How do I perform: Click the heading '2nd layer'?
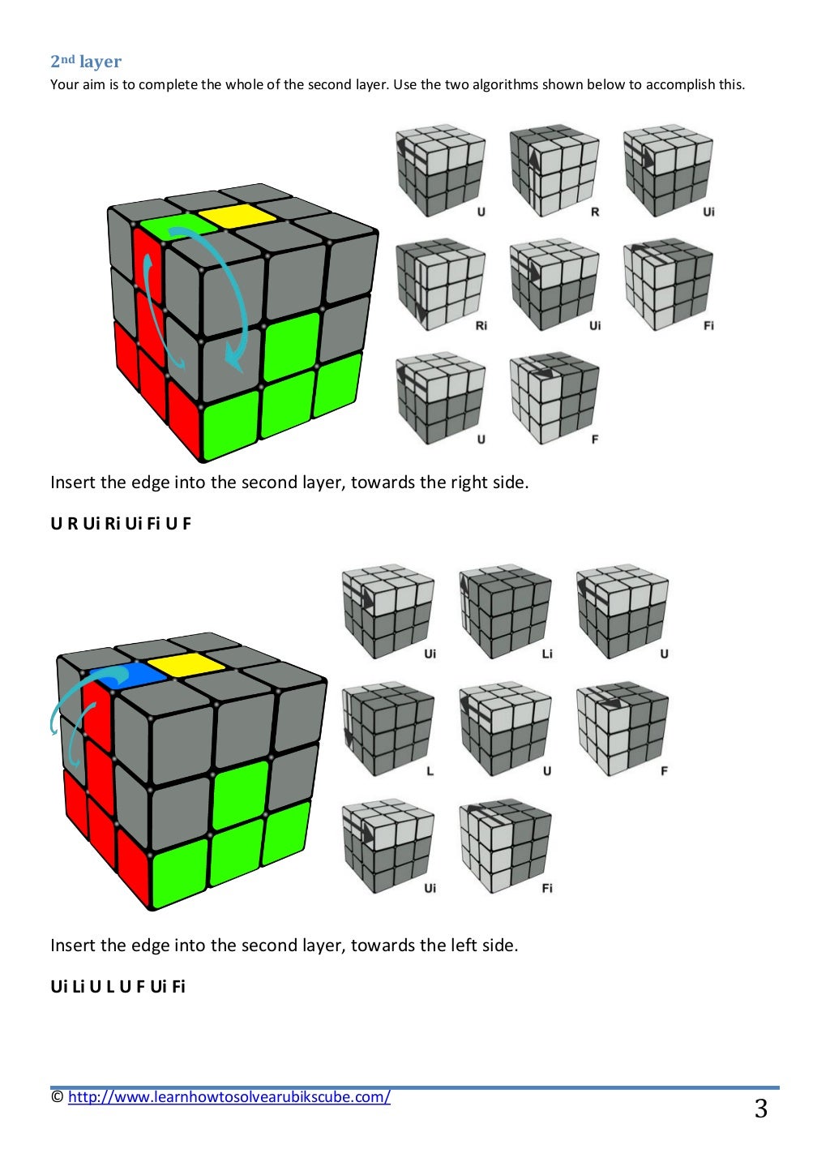pos(86,62)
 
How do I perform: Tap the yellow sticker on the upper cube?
pos(237,216)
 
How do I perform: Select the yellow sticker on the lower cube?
pos(186,664)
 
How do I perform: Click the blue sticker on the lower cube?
pos(128,675)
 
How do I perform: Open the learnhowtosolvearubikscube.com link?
pos(229,1096)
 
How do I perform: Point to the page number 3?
pos(761,1109)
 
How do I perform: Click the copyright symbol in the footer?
pos(58,1096)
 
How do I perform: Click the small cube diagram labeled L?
pos(388,729)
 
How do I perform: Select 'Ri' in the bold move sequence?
pos(112,524)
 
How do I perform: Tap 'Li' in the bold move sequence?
pos(78,987)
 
